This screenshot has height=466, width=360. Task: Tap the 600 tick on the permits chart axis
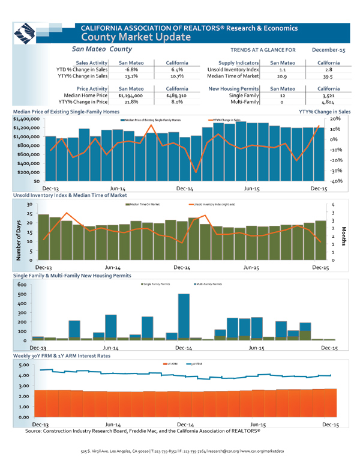22,285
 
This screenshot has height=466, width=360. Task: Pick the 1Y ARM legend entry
170,364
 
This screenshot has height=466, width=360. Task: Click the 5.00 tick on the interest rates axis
22,365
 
